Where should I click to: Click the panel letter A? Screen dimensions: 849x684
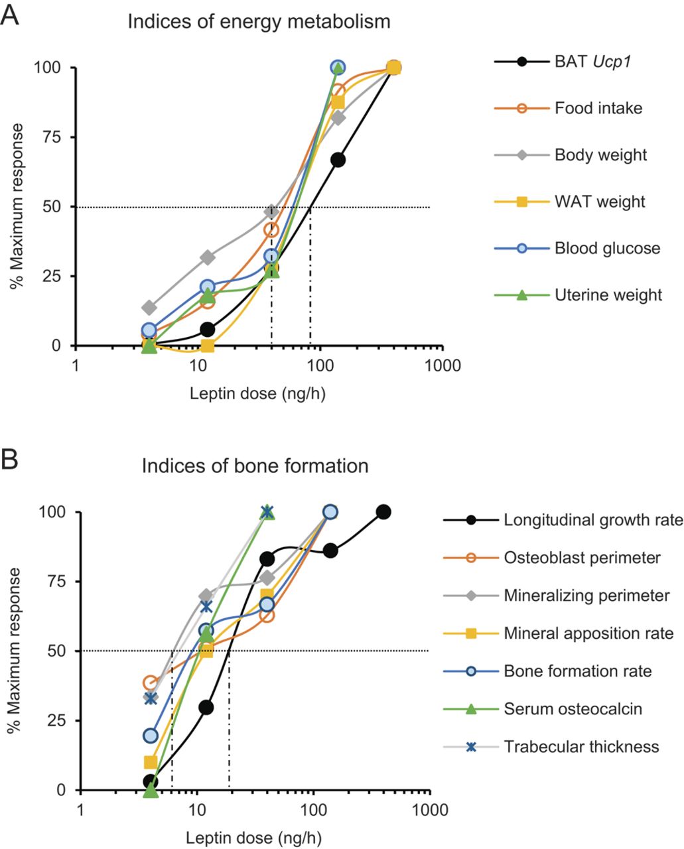11,15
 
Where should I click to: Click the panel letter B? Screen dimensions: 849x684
11,459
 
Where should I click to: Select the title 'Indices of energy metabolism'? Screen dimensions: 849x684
259,22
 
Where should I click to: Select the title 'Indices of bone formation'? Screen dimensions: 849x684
255,466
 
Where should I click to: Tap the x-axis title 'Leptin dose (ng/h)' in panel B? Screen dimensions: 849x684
255,837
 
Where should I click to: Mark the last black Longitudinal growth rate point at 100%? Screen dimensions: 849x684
383,512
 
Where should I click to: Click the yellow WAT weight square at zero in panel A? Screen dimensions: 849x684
207,346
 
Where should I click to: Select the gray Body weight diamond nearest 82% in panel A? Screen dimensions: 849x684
338,118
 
